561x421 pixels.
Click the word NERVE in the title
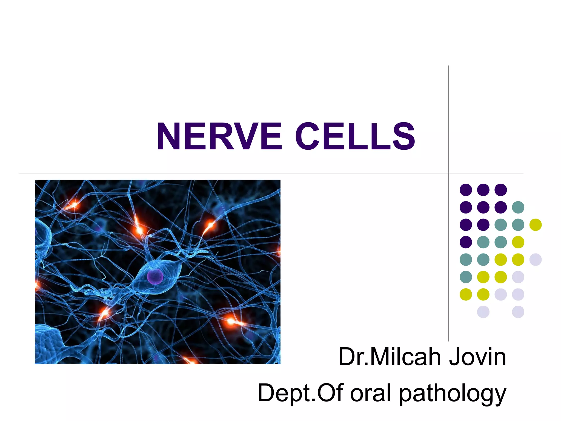coord(219,136)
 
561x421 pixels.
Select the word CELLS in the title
coord(355,136)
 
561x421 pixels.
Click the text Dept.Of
coord(300,393)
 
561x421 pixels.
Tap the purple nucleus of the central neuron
coord(155,276)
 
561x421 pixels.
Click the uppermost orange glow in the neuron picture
coord(74,204)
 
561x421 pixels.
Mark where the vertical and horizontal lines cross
coord(449,173)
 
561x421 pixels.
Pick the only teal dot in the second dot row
coord(518,207)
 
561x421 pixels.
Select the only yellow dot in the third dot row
coord(536,225)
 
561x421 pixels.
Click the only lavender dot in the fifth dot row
coord(536,260)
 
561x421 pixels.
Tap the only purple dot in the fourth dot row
coord(466,242)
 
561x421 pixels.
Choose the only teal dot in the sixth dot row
coord(466,277)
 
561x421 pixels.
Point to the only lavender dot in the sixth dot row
coord(518,277)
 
